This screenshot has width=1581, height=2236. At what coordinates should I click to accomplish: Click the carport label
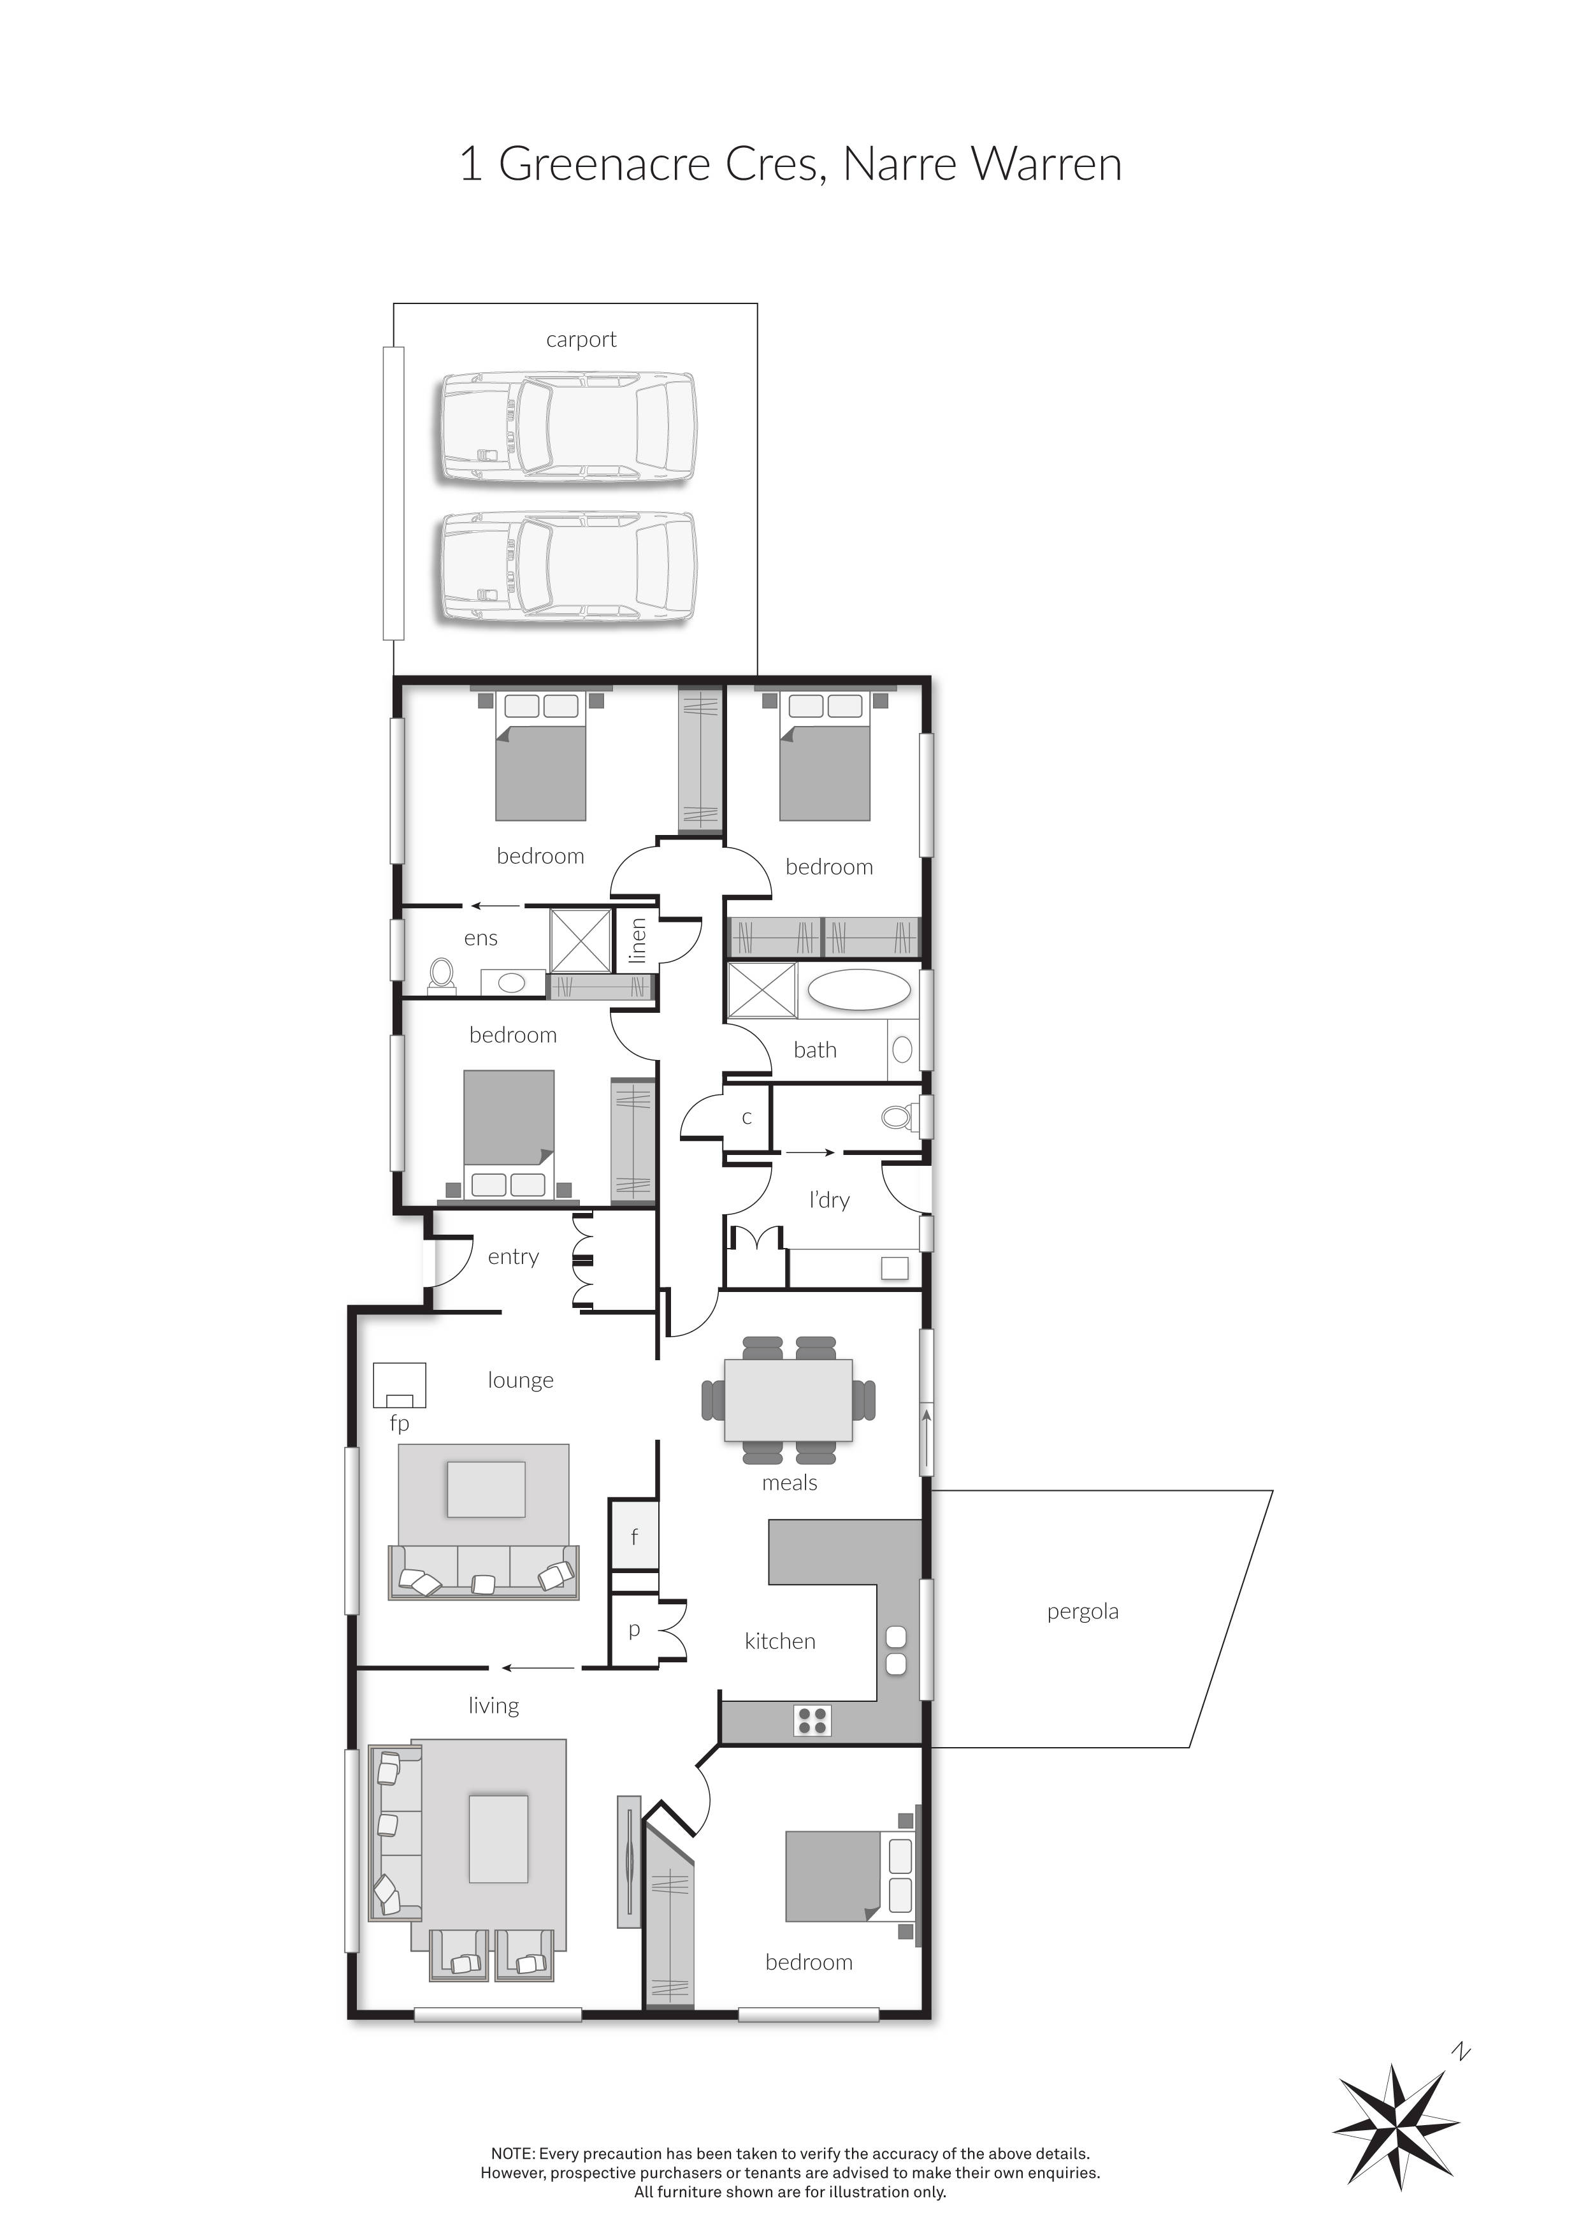pyautogui.click(x=581, y=340)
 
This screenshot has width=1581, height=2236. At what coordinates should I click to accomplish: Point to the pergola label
pyautogui.click(x=1083, y=1612)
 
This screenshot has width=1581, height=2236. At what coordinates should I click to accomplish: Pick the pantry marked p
pyautogui.click(x=634, y=1629)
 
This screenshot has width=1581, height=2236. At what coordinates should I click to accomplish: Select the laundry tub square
pyautogui.click(x=893, y=1268)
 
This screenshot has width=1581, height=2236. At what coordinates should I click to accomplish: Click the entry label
pyautogui.click(x=513, y=1256)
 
